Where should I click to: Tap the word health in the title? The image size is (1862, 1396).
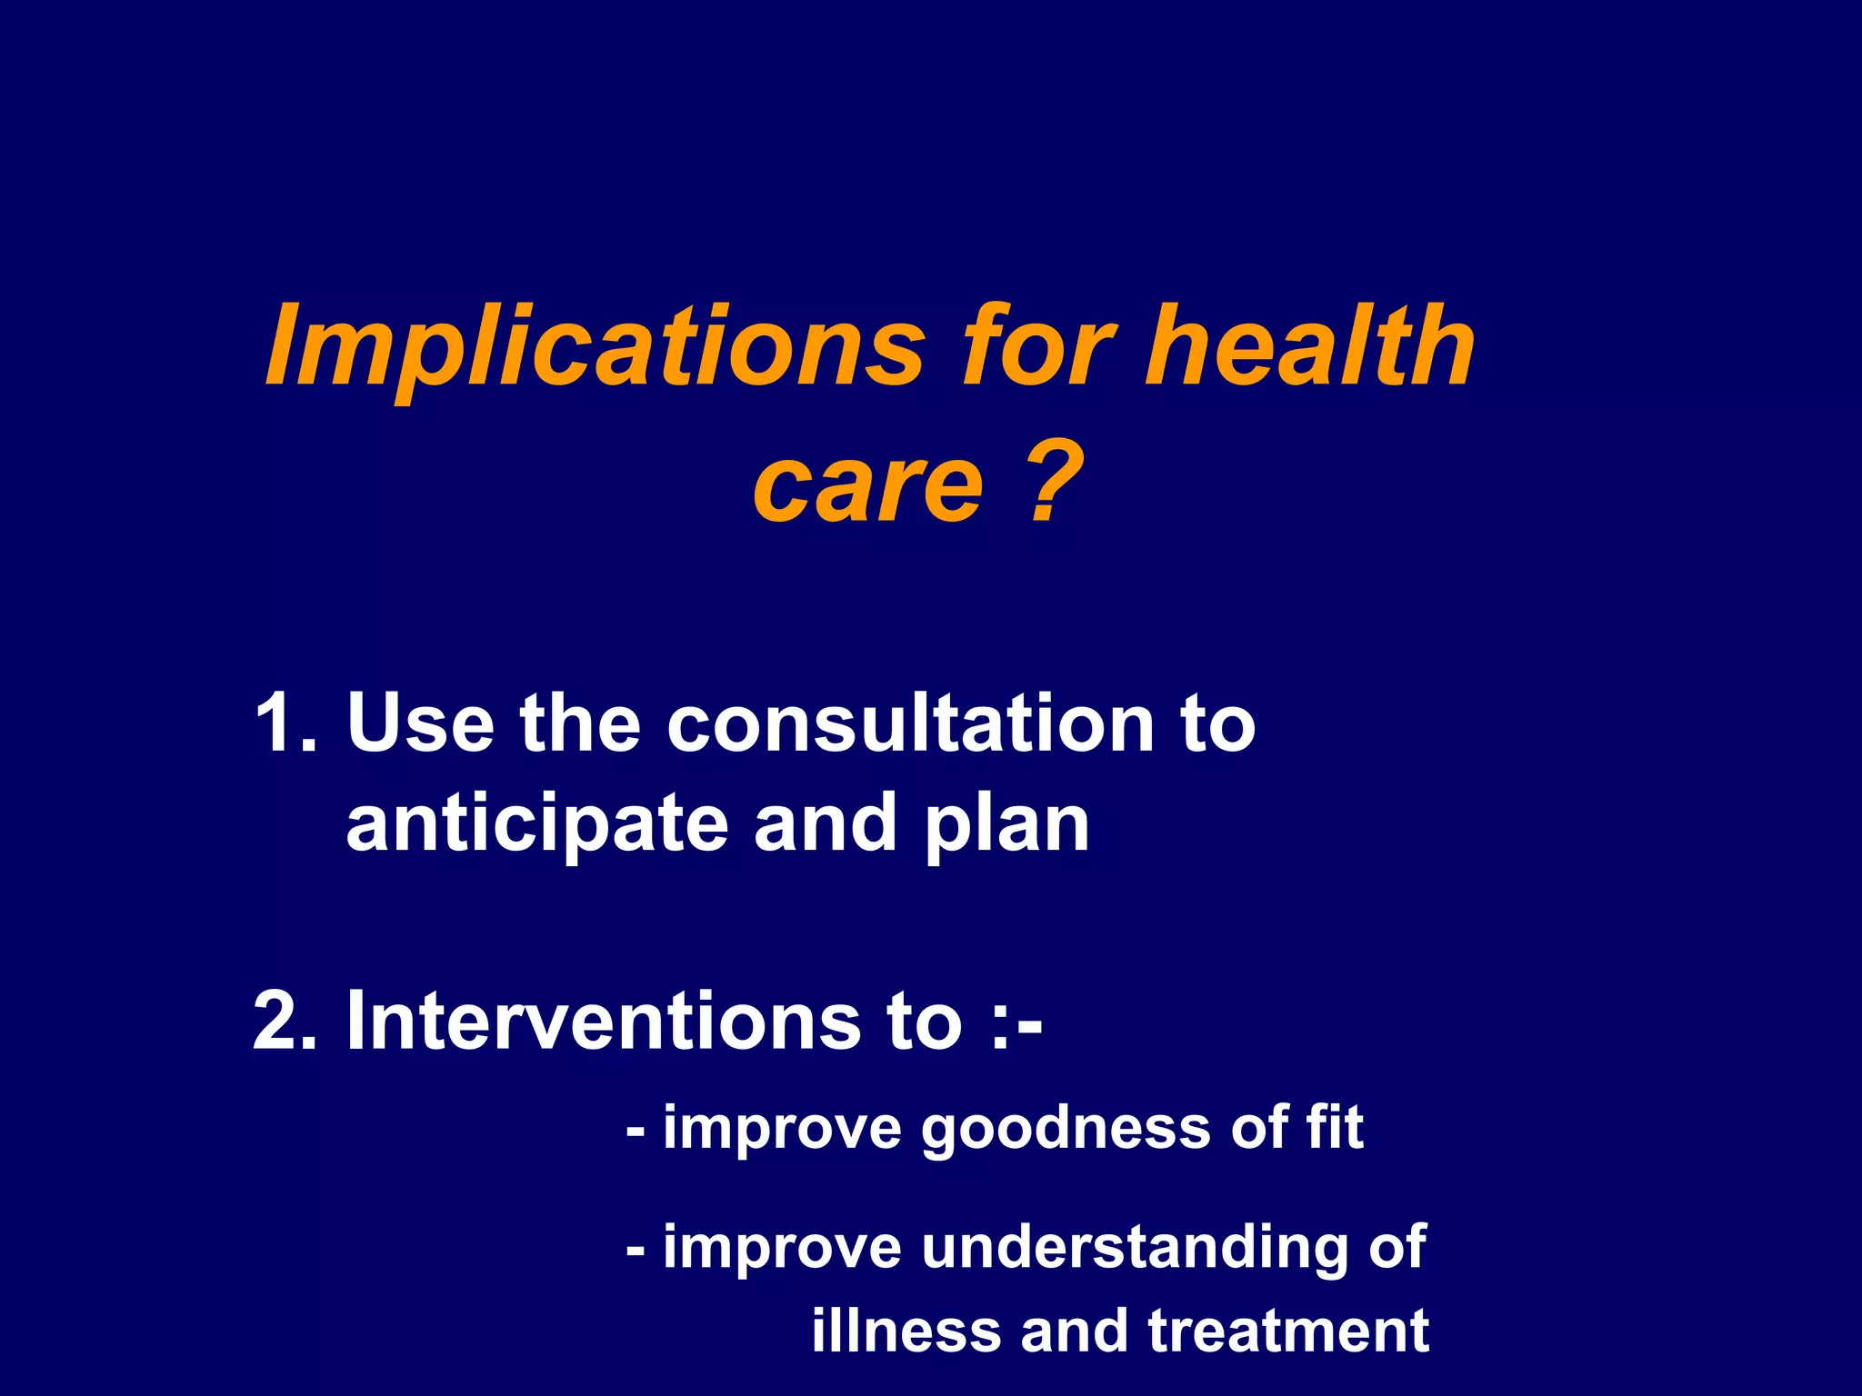1309,345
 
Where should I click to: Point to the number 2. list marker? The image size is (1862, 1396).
285,1021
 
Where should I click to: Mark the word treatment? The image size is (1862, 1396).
1288,1331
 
